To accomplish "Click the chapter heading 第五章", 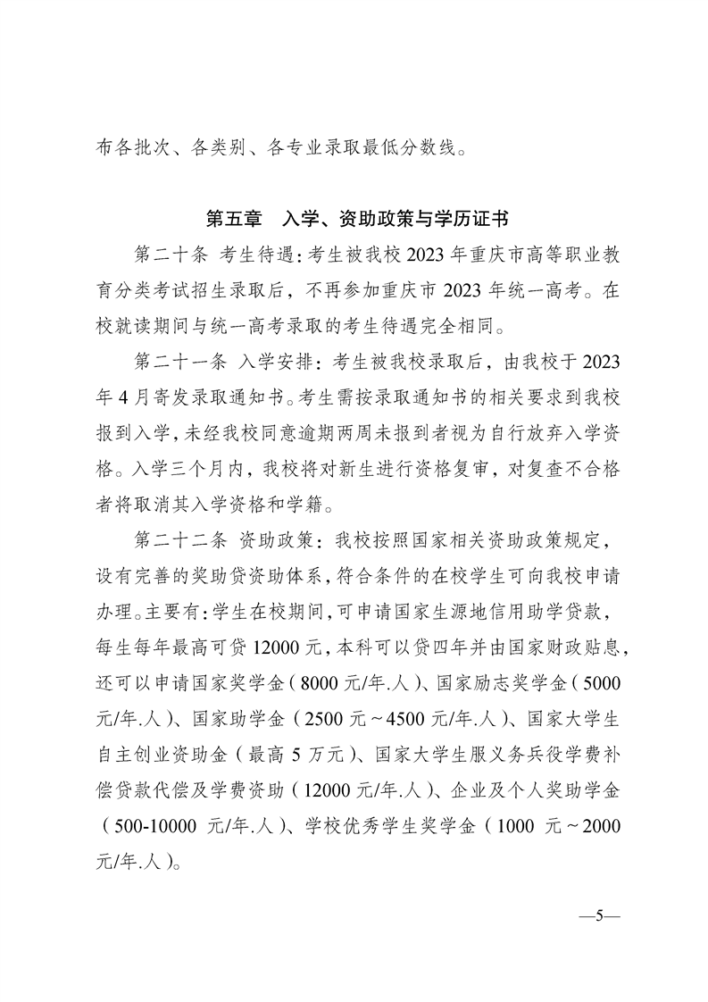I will (233, 219).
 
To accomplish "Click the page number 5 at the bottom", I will (600, 916).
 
